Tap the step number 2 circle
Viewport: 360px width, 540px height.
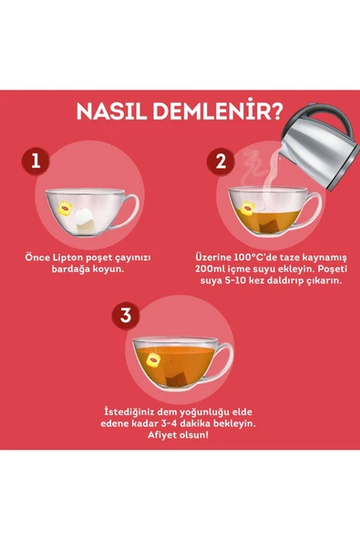(219, 162)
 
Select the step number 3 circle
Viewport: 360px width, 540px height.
(126, 316)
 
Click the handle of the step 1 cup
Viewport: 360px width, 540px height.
(129, 204)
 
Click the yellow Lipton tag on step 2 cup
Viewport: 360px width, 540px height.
(247, 212)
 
